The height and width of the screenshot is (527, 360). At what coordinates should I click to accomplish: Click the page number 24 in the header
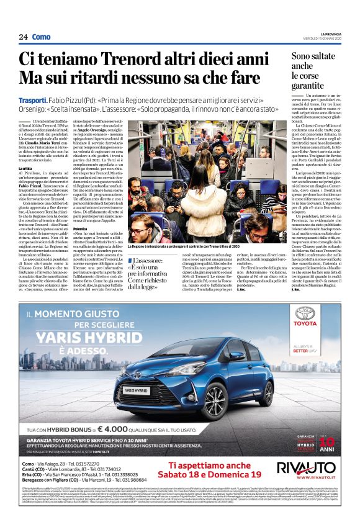pyautogui.click(x=23, y=37)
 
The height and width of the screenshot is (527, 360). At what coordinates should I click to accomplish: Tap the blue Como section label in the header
pyautogui.click(x=42, y=37)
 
